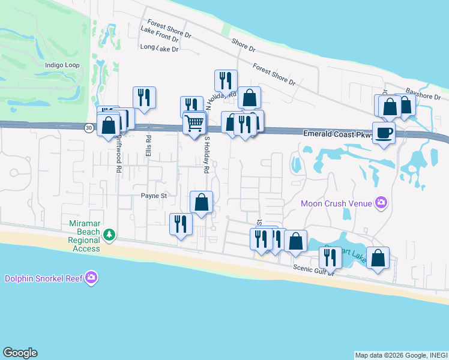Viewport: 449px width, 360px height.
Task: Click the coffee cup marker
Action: pos(384,133)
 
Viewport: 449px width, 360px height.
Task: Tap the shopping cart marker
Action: pos(194,124)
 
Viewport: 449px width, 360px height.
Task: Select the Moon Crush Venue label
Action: pos(336,203)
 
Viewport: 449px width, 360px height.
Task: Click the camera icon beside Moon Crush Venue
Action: pos(380,203)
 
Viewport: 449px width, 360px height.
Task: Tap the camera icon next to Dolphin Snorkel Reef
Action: pos(91,277)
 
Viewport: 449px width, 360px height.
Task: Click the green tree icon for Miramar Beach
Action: pos(109,235)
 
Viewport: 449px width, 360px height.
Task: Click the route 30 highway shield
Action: pos(88,127)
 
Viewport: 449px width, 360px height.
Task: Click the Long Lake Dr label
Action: pos(159,48)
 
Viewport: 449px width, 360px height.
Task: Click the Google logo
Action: pos(20,353)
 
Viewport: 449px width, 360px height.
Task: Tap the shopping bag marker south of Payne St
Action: pos(202,202)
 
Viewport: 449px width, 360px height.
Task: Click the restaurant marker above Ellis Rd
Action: pos(144,97)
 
